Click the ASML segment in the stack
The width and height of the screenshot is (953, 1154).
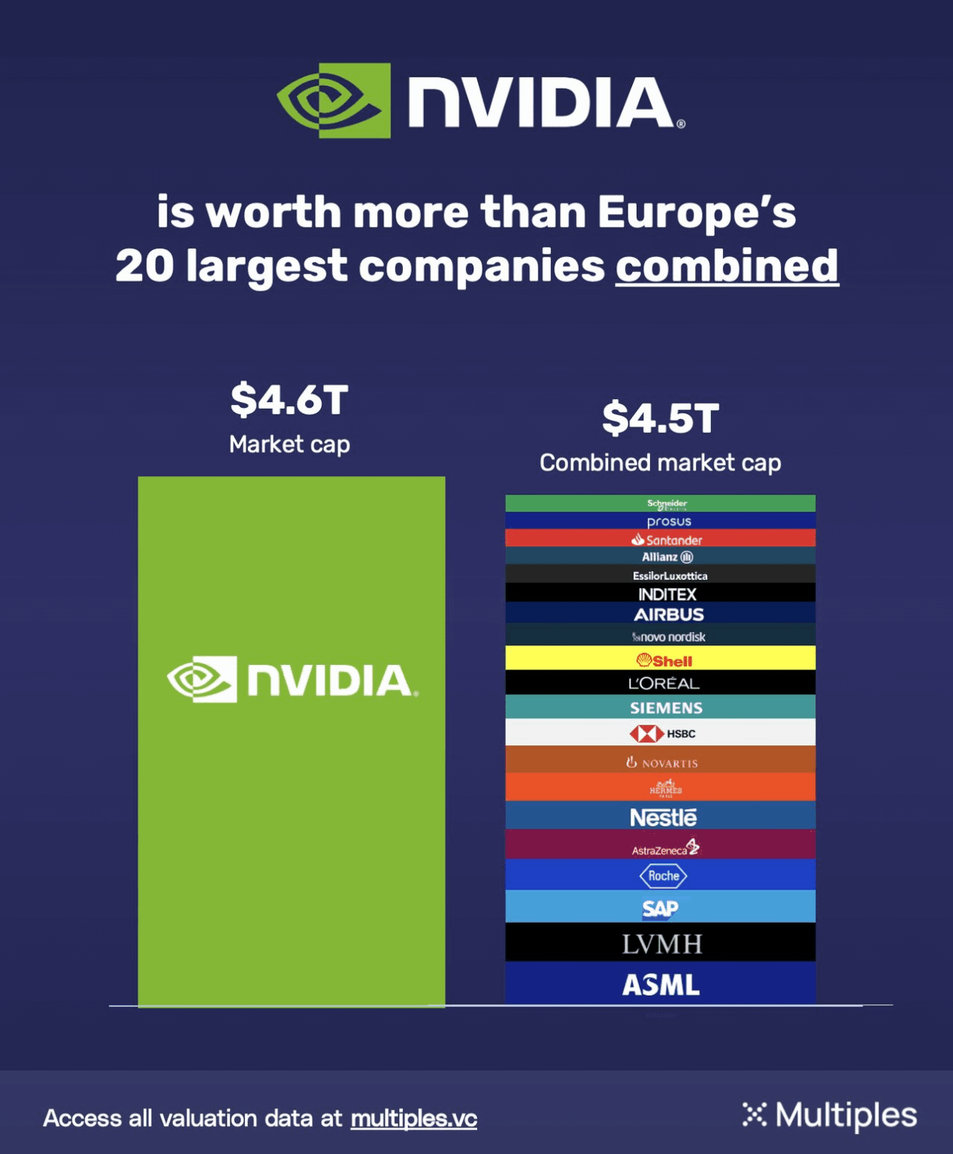click(x=661, y=983)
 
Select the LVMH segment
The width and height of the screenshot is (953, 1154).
click(x=661, y=943)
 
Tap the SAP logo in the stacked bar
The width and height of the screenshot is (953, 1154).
click(x=661, y=908)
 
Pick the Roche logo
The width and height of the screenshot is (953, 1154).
click(x=663, y=876)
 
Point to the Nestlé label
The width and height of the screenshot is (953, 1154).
click(x=663, y=817)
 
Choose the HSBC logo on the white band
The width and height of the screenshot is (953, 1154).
click(x=662, y=733)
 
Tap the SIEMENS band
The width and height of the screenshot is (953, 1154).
click(x=666, y=708)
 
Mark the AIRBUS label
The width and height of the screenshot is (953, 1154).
click(x=668, y=615)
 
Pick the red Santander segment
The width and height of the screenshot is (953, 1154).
click(x=666, y=539)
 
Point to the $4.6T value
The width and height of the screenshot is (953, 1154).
click(x=289, y=399)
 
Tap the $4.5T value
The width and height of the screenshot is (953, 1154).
click(x=660, y=418)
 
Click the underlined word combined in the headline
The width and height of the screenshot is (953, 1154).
click(x=726, y=266)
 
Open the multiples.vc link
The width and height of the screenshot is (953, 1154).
click(x=413, y=1118)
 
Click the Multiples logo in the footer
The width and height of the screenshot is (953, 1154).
click(x=829, y=1115)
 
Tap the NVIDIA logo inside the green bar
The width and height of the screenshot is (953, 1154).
click(x=292, y=679)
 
